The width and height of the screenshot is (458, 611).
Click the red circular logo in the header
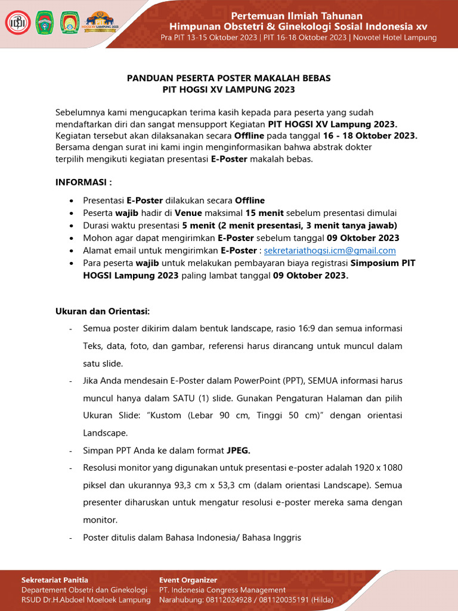(x=17, y=22)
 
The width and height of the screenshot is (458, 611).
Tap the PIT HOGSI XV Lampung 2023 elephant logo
(x=102, y=22)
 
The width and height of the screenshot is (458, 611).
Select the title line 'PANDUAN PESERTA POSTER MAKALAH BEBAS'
(x=228, y=78)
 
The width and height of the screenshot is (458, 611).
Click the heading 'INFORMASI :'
(x=83, y=181)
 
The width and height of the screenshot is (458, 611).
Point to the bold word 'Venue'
(x=188, y=213)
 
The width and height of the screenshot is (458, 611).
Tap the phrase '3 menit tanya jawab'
(x=351, y=226)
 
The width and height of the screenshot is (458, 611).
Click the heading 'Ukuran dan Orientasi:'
(x=103, y=311)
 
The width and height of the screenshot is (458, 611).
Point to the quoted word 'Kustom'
(x=185, y=415)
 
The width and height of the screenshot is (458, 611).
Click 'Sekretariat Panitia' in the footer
(x=55, y=579)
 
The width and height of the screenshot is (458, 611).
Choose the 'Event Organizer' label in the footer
(x=188, y=579)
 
